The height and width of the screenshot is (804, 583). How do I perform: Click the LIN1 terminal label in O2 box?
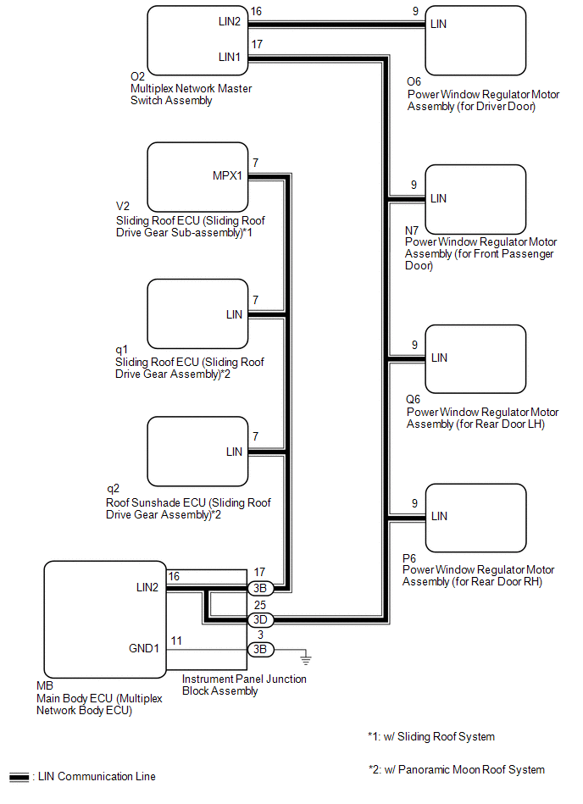coord(230,57)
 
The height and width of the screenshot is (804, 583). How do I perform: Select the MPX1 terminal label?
coord(227,176)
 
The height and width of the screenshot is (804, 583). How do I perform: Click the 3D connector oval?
coord(258,619)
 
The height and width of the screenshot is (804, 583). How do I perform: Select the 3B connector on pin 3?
coord(258,649)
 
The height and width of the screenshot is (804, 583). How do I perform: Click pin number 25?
coord(258,606)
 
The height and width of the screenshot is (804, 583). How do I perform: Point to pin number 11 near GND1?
coord(176,640)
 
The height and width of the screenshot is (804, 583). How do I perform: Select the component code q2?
coord(113,489)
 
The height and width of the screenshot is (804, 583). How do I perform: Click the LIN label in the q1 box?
coord(234,314)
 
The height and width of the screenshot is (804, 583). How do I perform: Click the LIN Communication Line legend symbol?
coord(20,776)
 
